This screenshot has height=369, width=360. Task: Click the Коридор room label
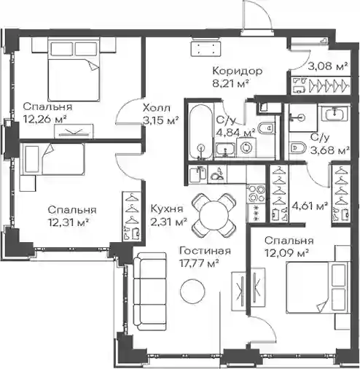(238, 71)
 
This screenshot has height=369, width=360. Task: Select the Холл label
(157, 108)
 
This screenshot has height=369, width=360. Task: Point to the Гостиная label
(205, 251)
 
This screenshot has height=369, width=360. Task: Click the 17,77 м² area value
(199, 263)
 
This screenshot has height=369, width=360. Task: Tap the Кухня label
(167, 209)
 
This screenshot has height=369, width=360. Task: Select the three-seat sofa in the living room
(150, 292)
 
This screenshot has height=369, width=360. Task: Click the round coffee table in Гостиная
(192, 291)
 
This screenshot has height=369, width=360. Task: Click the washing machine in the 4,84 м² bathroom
(247, 147)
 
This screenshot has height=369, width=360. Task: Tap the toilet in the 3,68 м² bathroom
(297, 147)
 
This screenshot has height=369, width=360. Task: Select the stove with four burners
(256, 194)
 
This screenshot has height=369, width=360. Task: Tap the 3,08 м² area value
(328, 66)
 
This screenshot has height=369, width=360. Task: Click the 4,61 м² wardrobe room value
(308, 206)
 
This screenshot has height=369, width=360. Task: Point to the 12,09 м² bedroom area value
(286, 253)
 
